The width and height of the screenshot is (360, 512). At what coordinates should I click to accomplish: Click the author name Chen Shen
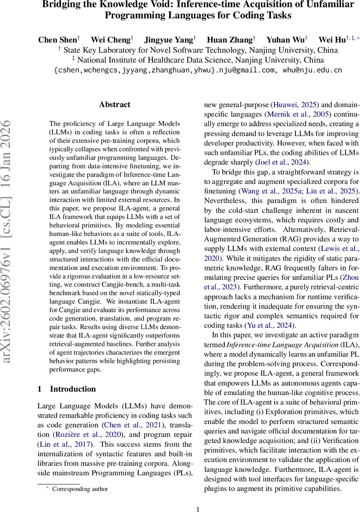tap(58, 40)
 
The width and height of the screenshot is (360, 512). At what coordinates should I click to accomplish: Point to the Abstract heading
tap(114, 105)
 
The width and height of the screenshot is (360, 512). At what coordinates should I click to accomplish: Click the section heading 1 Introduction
tap(67, 389)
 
